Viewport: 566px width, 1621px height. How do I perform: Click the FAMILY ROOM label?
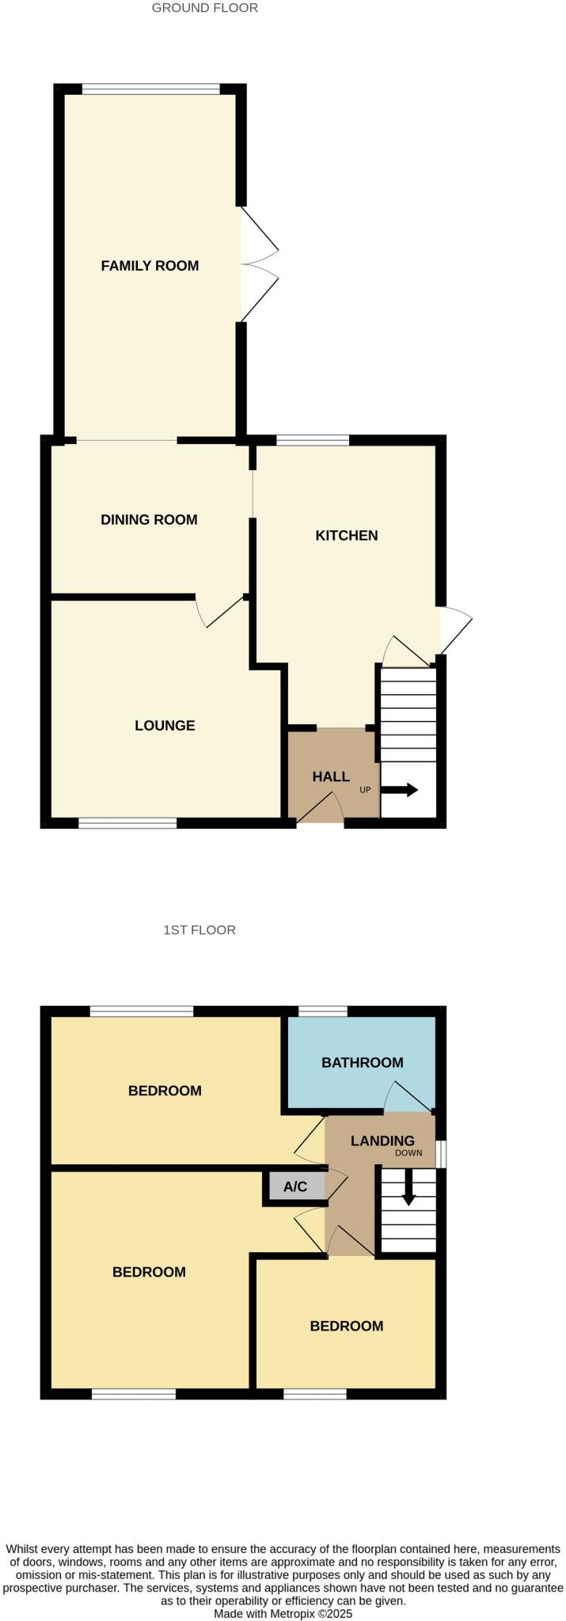(150, 266)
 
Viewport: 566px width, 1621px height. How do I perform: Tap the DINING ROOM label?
(149, 520)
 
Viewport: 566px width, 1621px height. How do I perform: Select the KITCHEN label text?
(347, 536)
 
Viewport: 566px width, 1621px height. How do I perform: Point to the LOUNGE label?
(165, 726)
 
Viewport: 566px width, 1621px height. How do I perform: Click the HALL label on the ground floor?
(331, 777)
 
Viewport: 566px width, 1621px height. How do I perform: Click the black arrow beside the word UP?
(400, 790)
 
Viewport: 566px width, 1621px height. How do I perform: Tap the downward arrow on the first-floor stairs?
(408, 1188)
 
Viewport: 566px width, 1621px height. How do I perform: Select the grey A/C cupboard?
(295, 1187)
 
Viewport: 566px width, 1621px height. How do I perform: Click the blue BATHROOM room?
(362, 1063)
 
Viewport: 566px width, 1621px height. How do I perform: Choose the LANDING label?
(382, 1141)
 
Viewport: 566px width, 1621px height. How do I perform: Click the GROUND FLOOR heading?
(204, 8)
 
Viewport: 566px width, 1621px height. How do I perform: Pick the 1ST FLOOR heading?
(199, 930)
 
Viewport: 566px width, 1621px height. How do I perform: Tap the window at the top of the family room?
(150, 89)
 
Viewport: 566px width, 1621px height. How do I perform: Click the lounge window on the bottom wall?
(127, 824)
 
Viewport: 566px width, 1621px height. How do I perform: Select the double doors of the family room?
(259, 265)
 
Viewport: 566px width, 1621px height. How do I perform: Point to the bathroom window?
(322, 1011)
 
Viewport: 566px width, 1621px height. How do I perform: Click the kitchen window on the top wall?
(312, 440)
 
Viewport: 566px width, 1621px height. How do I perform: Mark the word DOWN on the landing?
(408, 1153)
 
